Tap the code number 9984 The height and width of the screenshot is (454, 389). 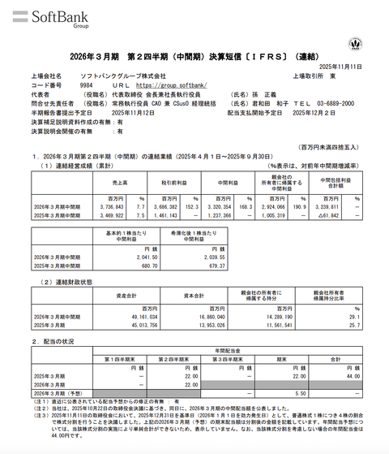coord(88,84)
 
